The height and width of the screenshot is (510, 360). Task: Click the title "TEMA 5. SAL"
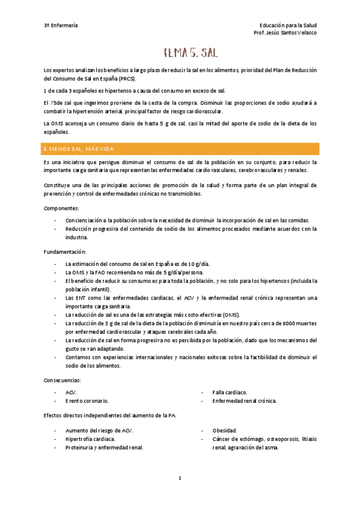click(191, 54)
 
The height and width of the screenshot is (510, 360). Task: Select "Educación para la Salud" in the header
click(288, 25)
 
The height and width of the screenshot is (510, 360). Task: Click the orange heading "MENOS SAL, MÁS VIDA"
click(87, 149)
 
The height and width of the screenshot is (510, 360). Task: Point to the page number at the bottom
click(180, 478)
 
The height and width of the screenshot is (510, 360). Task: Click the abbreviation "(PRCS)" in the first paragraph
click(127, 79)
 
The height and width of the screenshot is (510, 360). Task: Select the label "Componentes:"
click(61, 207)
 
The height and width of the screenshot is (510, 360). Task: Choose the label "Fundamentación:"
click(65, 251)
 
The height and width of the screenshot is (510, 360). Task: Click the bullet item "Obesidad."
click(225, 430)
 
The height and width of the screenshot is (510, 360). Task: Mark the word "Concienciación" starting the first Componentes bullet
click(85, 220)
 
